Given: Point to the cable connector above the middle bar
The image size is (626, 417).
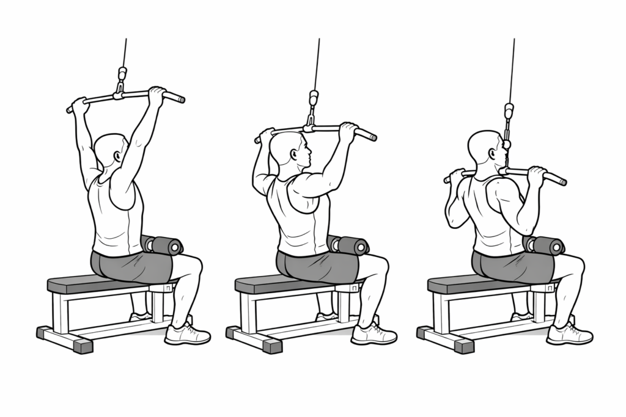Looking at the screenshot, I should [x=314, y=98].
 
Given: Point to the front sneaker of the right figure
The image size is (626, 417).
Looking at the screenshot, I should [x=569, y=335].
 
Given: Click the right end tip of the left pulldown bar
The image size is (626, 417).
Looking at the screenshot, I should [x=182, y=98].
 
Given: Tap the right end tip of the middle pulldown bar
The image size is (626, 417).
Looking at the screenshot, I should [x=374, y=136].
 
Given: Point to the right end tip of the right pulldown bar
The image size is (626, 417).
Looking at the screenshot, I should [x=563, y=181].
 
